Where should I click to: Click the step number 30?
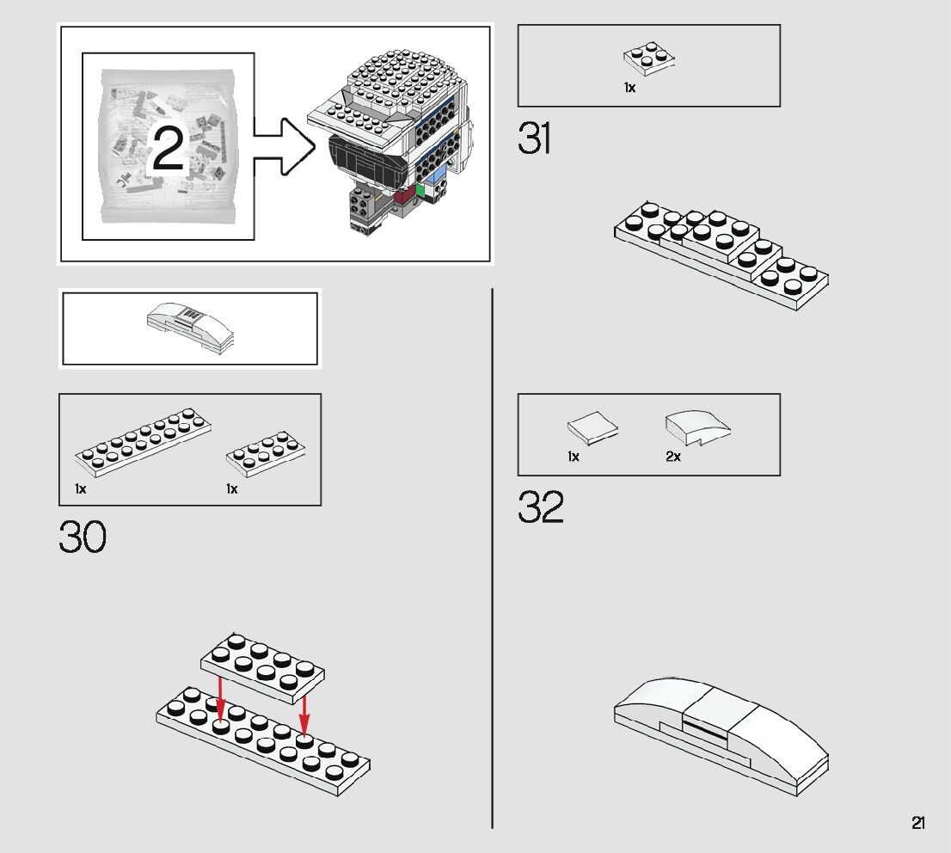tap(83, 537)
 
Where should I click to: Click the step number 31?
tap(534, 138)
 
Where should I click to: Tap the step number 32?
tap(540, 506)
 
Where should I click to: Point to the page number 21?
tap(918, 823)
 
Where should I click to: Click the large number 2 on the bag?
tap(168, 147)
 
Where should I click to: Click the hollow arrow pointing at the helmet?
tap(284, 147)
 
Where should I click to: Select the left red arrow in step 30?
tap(220, 699)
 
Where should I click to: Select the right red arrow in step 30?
tap(304, 715)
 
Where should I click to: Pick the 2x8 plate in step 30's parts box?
tap(143, 440)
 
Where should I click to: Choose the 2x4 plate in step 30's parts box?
tap(266, 454)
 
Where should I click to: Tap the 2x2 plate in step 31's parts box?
tap(649, 58)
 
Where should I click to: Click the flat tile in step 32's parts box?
tap(592, 427)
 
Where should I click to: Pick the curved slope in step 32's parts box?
tap(697, 427)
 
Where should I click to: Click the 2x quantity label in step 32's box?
tap(673, 457)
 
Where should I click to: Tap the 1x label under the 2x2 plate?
tap(629, 88)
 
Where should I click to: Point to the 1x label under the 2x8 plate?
tap(81, 488)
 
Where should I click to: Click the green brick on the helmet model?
tap(420, 191)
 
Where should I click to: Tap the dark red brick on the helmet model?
tap(403, 197)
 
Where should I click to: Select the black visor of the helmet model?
tap(367, 161)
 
